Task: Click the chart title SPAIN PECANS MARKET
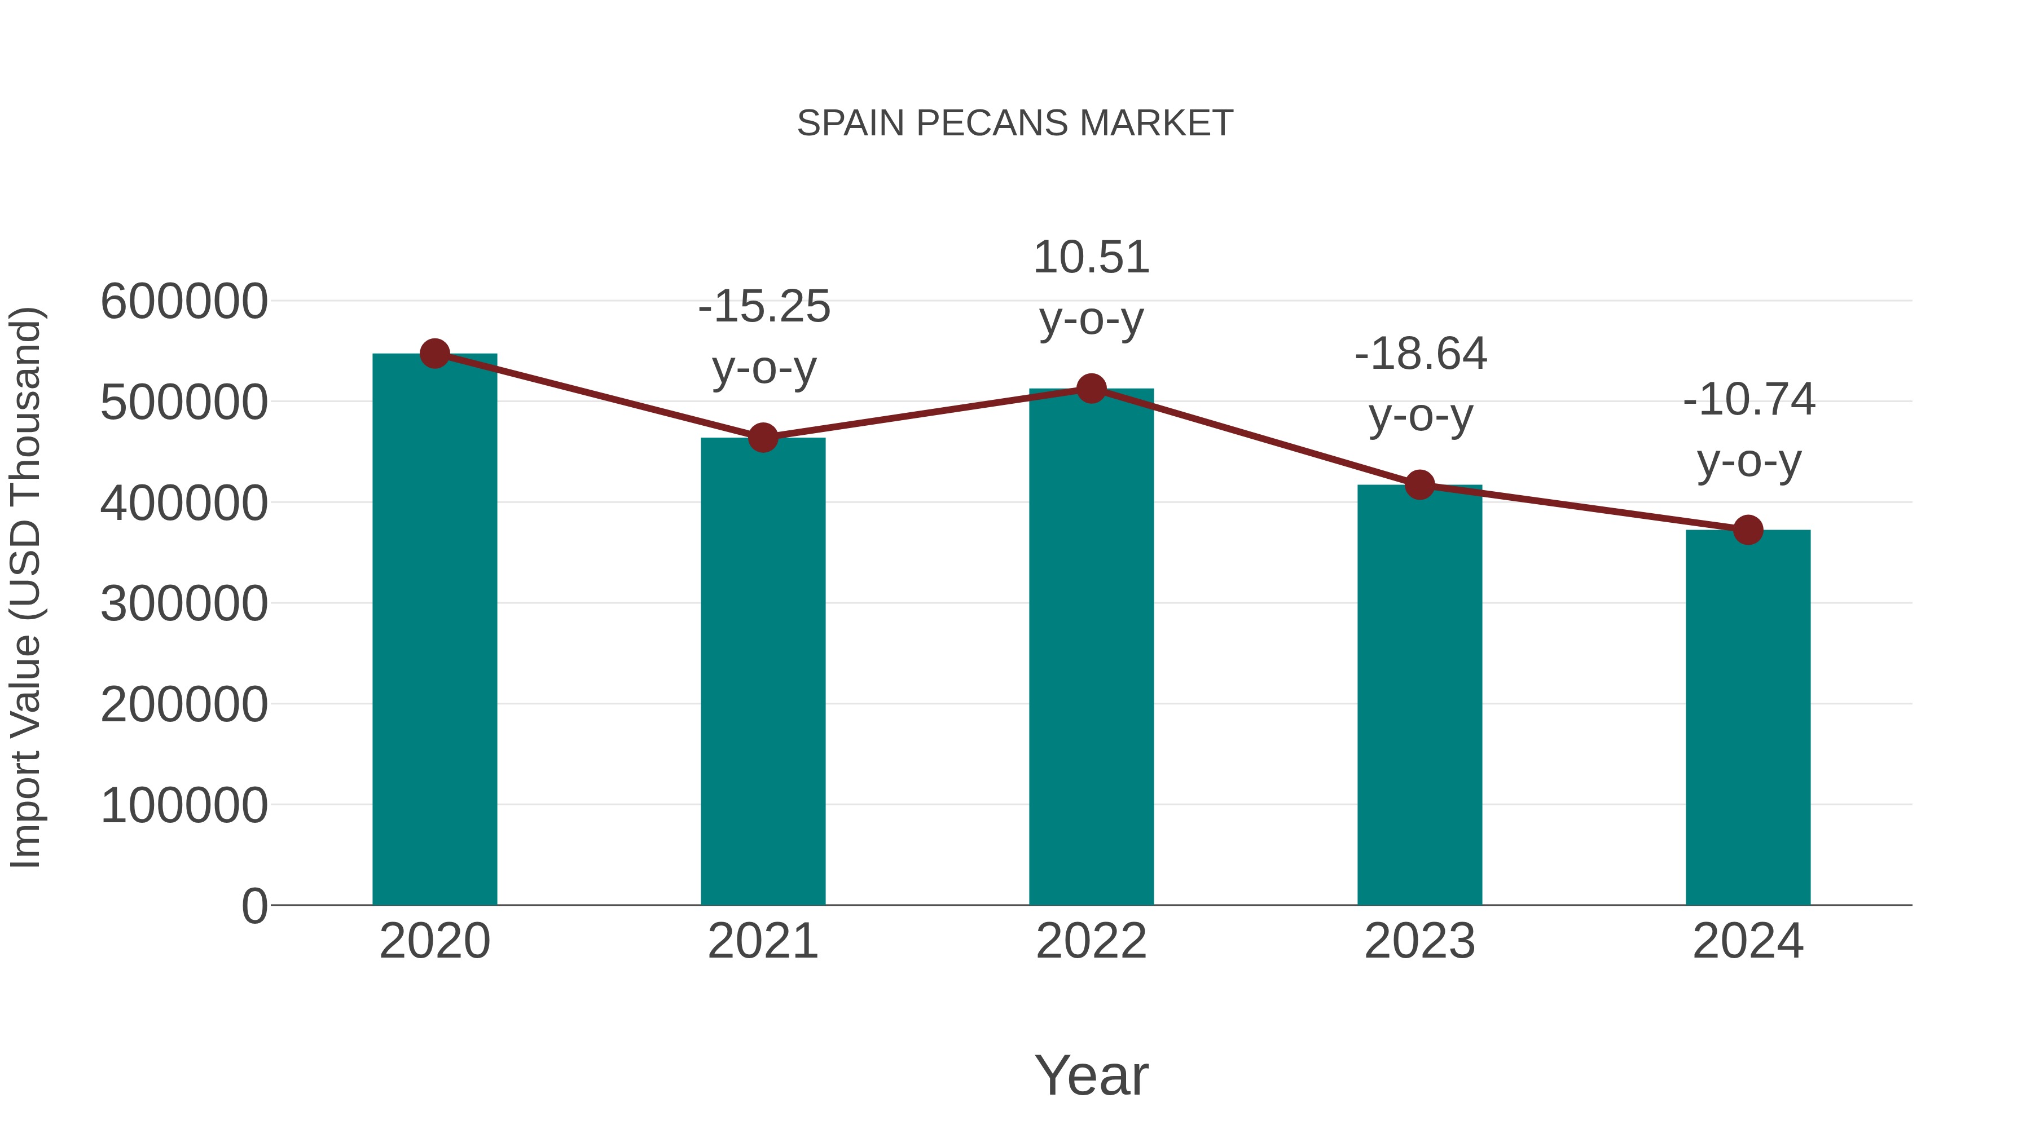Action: point(1015,124)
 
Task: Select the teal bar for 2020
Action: point(434,630)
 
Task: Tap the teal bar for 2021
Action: point(762,670)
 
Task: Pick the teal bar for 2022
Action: point(1091,646)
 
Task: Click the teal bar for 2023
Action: point(1419,694)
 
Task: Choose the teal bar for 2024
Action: point(1748,717)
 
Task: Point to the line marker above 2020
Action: point(434,354)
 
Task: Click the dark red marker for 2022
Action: point(1091,389)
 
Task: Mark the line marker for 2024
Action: point(1748,530)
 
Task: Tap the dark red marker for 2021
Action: point(762,438)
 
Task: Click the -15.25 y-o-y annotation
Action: point(764,337)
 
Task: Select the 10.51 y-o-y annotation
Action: point(1091,288)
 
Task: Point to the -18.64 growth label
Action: point(1420,385)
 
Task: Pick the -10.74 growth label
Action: point(1749,430)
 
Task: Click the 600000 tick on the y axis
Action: point(184,302)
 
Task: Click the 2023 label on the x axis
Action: point(1419,942)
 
